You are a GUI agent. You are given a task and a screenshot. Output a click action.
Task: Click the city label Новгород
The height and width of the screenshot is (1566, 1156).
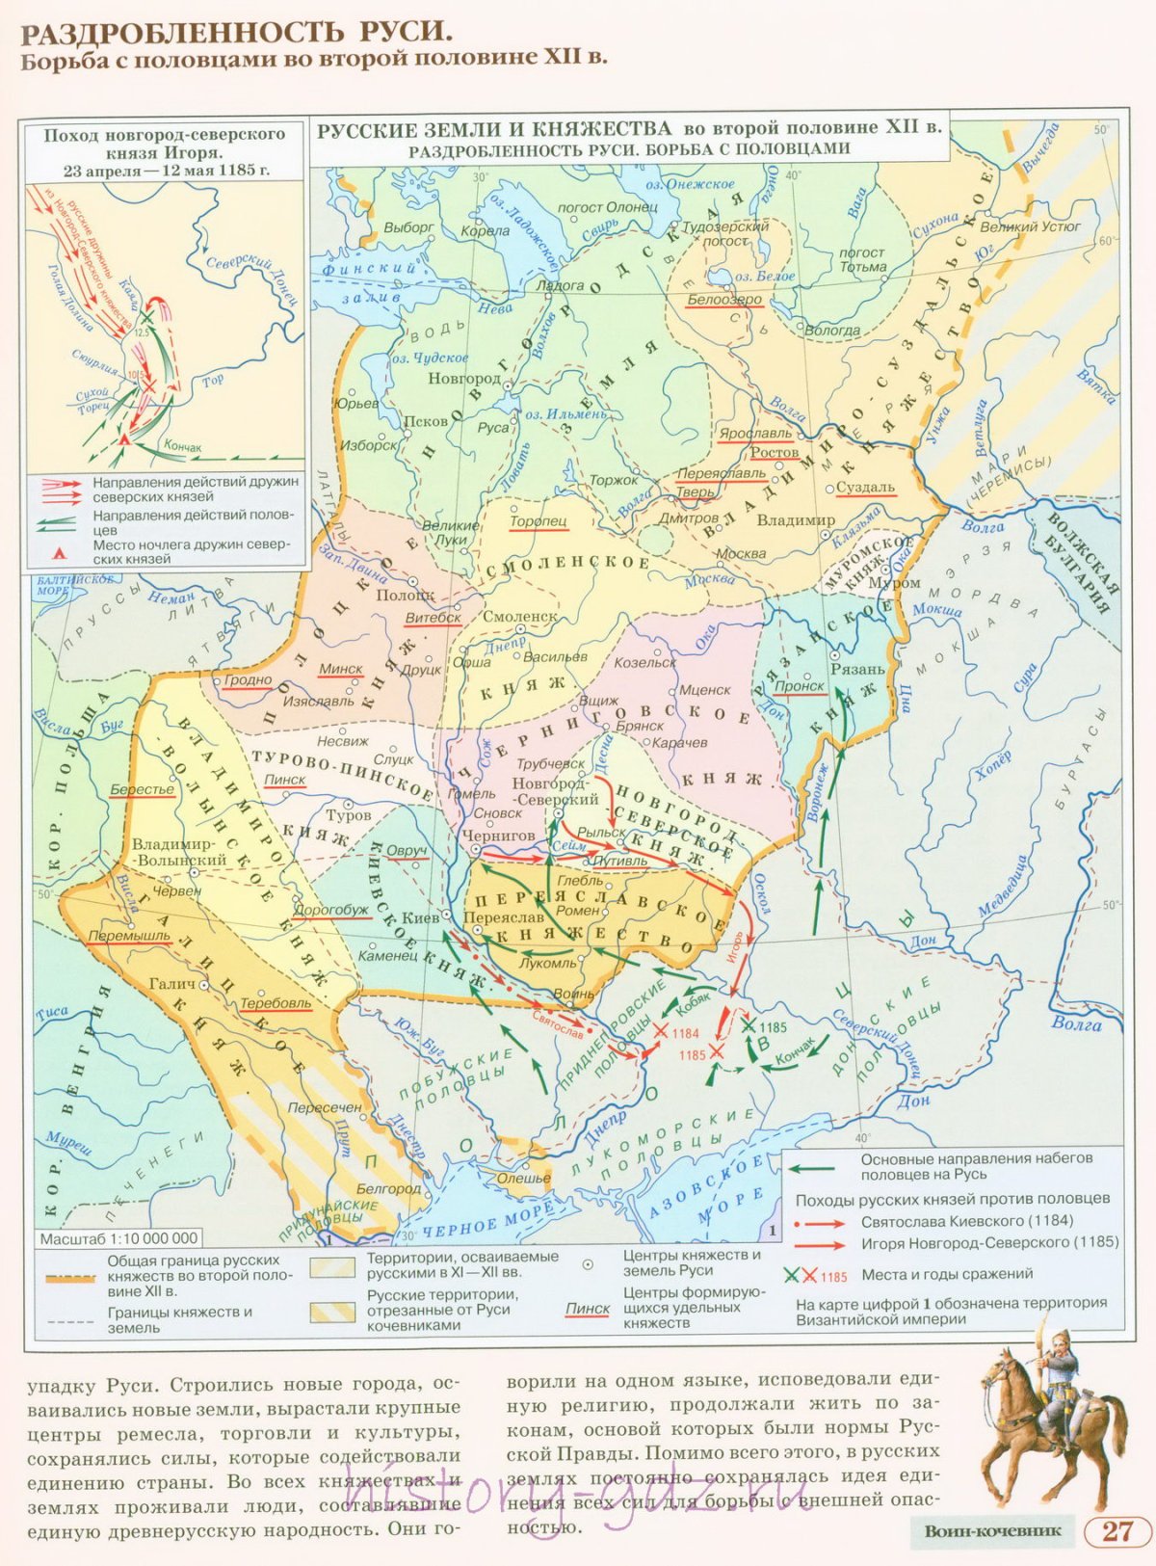click(463, 379)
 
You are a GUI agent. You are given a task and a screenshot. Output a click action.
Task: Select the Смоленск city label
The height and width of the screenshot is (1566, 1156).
click(520, 617)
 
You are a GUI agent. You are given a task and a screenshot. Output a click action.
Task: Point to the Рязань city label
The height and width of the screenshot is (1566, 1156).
click(857, 669)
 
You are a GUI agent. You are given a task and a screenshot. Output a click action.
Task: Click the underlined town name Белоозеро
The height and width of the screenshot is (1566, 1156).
click(724, 300)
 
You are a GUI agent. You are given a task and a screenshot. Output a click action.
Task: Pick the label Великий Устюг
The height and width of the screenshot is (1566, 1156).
click(1030, 227)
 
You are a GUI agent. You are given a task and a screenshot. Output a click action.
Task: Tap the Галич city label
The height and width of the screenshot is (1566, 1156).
click(172, 984)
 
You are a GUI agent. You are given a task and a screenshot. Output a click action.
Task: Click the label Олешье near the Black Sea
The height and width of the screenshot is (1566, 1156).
click(524, 1178)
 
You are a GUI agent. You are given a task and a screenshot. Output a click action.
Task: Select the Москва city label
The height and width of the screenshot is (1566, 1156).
click(741, 554)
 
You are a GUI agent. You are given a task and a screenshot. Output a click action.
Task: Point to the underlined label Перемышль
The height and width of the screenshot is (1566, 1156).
click(129, 937)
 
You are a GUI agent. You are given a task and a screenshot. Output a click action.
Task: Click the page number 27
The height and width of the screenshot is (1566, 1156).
click(1117, 1531)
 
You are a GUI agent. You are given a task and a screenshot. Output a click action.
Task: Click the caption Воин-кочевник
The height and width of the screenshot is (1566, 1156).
click(992, 1531)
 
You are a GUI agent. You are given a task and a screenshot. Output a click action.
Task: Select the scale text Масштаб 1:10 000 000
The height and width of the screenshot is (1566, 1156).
click(119, 1239)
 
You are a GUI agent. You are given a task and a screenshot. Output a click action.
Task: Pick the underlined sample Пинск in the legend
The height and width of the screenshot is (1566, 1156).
click(588, 1309)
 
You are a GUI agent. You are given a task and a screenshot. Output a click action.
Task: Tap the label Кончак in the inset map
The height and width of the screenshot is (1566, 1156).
click(183, 447)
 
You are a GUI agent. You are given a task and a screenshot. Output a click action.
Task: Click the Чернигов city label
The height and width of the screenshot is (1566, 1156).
click(498, 836)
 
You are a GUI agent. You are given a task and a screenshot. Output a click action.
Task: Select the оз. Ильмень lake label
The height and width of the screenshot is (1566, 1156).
click(566, 414)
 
